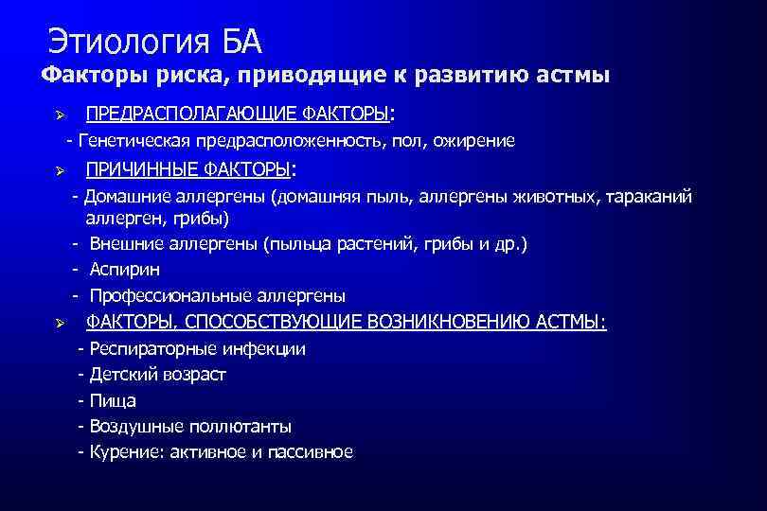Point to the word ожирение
point(477,141)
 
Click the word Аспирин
point(120,270)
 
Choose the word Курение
point(122,452)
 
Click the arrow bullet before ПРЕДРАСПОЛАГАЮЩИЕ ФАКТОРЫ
point(58,115)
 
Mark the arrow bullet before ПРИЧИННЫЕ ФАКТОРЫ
point(58,171)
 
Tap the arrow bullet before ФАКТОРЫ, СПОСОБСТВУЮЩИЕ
point(58,324)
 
